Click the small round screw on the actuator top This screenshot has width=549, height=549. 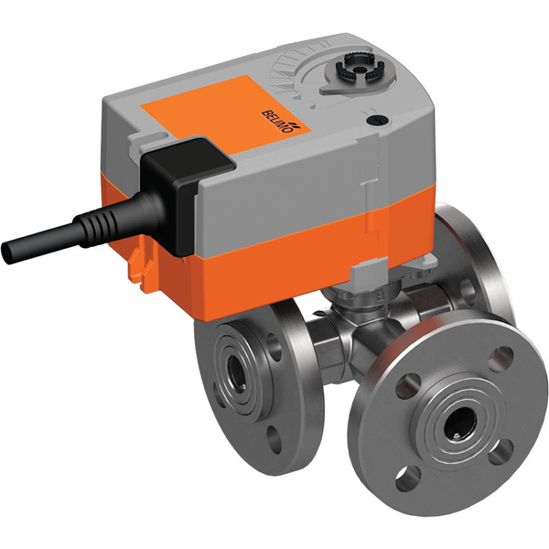(x=372, y=120)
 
